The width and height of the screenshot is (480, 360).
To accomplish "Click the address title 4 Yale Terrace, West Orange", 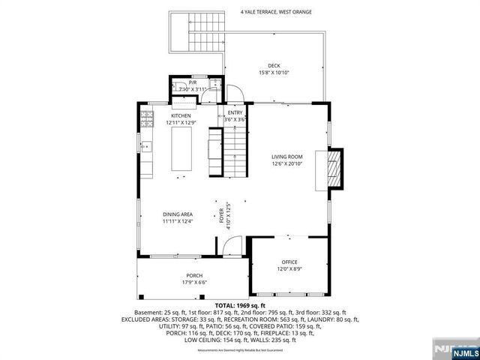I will click(276, 12).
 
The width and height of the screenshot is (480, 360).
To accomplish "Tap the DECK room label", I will click(274, 65).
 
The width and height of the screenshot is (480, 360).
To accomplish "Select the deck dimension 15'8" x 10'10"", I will click(274, 73).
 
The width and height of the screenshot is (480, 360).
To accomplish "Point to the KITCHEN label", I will click(181, 115).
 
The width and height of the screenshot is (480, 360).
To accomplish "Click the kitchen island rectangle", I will click(182, 148).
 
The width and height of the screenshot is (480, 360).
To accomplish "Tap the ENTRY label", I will click(235, 112).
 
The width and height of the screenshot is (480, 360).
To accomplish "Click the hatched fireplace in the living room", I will click(336, 168).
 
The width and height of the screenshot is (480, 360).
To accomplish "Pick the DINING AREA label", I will click(178, 214).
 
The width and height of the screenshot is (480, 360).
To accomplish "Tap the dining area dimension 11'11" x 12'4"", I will click(178, 222).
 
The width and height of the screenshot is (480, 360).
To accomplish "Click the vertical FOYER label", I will click(221, 216).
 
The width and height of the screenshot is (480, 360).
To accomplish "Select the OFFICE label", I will click(289, 262).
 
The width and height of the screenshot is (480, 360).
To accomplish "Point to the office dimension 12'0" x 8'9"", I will click(289, 269).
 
